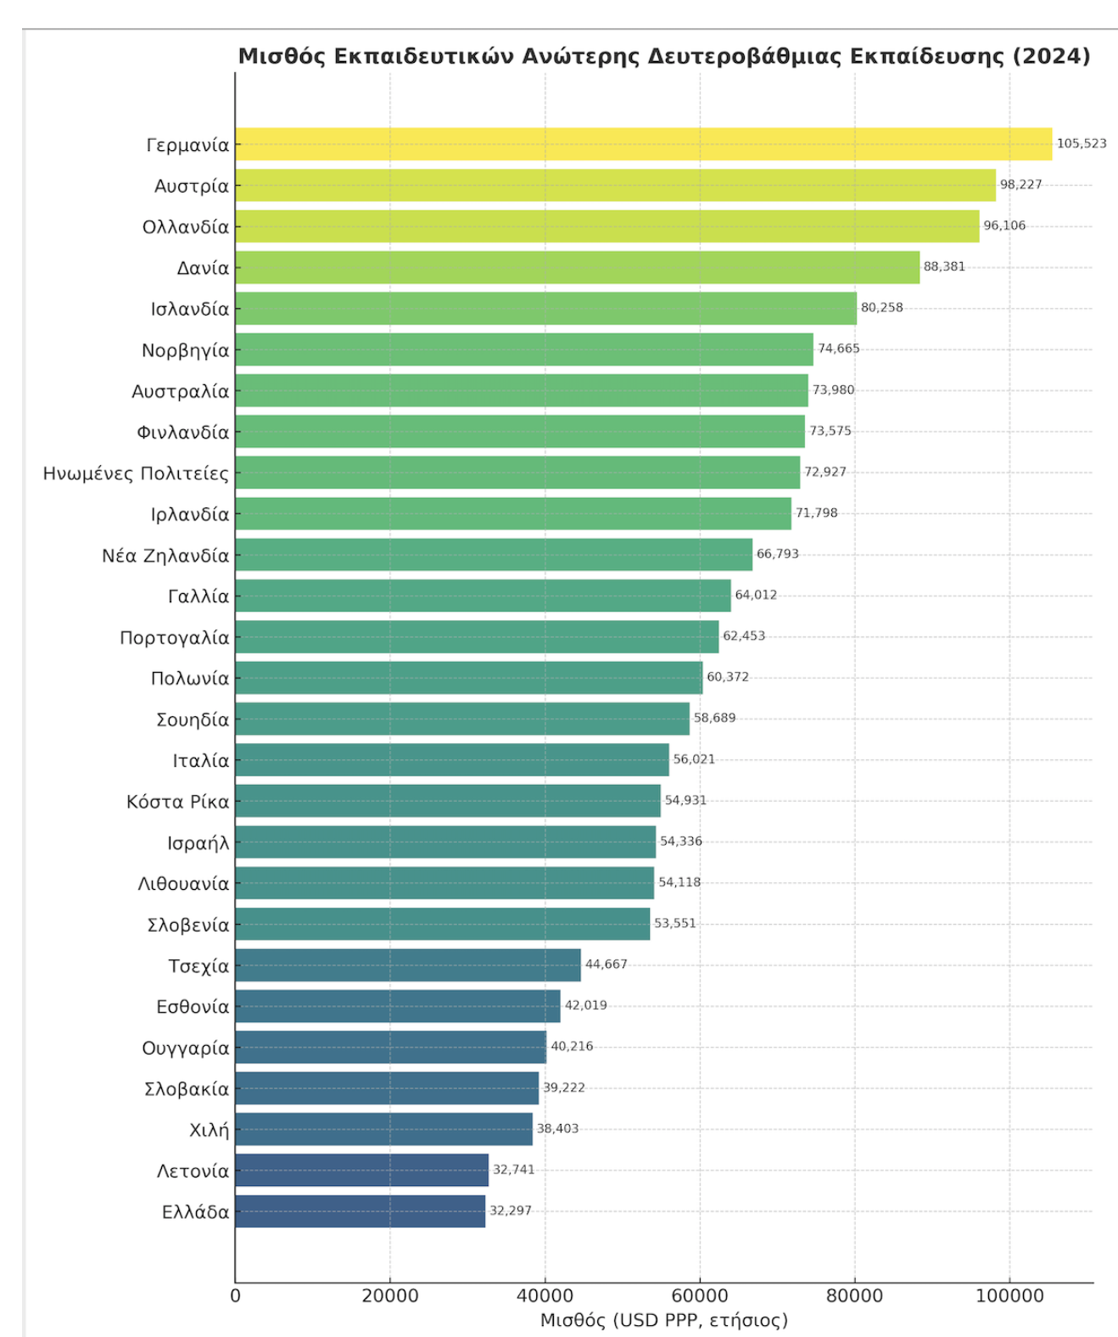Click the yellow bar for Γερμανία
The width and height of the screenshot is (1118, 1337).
click(643, 144)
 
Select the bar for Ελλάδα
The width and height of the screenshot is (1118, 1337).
click(360, 1211)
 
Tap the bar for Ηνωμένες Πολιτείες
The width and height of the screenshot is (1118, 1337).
click(517, 473)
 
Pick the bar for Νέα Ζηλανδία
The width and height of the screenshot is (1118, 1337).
click(494, 555)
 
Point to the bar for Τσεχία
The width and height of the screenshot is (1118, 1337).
click(408, 965)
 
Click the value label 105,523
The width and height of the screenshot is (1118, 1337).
click(1081, 143)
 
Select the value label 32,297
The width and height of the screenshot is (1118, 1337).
click(511, 1211)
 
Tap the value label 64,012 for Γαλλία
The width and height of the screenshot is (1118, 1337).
click(756, 595)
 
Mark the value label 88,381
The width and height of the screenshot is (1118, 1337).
click(944, 266)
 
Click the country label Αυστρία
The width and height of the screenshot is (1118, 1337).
click(192, 186)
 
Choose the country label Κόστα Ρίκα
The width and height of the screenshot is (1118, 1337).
click(178, 802)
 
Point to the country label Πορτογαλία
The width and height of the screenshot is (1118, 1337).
click(175, 637)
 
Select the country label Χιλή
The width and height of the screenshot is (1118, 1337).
click(209, 1130)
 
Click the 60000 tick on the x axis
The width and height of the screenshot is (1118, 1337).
click(700, 1295)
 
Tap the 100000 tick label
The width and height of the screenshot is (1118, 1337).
click(1009, 1295)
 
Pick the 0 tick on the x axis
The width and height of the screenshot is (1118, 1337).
click(235, 1295)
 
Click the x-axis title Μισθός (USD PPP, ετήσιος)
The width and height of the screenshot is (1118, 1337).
click(663, 1320)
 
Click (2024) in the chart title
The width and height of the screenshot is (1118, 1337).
click(1051, 56)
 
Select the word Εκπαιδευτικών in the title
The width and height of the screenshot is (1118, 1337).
click(423, 56)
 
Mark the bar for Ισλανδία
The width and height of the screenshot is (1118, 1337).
click(545, 309)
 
